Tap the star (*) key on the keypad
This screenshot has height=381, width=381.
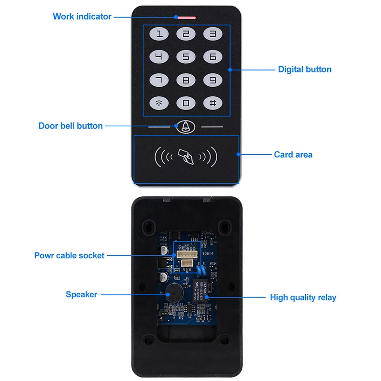click(x=159, y=103)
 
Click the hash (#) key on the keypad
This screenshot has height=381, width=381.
click(x=213, y=103)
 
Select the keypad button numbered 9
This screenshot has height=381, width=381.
click(x=213, y=80)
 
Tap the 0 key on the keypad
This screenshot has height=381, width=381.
click(x=186, y=103)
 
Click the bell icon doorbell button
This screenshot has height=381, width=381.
click(x=185, y=127)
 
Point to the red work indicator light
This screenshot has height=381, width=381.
click(x=186, y=17)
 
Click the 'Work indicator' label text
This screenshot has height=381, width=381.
click(x=82, y=17)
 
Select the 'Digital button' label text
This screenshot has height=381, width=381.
click(x=304, y=70)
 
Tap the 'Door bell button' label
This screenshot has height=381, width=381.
click(x=70, y=126)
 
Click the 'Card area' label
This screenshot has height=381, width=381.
click(x=293, y=155)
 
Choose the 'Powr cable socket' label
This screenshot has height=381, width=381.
click(x=69, y=256)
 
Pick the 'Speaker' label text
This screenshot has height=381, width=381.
click(x=81, y=295)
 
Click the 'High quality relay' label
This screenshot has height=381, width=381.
click(x=303, y=298)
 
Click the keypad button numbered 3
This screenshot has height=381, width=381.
click(x=213, y=34)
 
